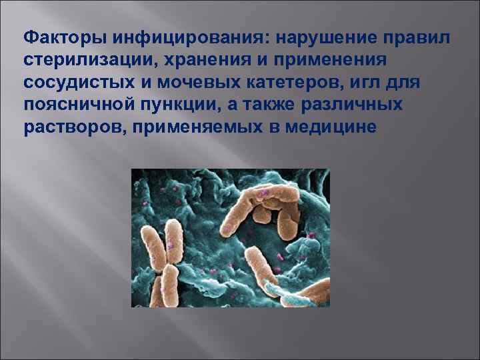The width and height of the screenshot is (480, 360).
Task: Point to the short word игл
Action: pyautogui.click(x=359, y=85)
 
